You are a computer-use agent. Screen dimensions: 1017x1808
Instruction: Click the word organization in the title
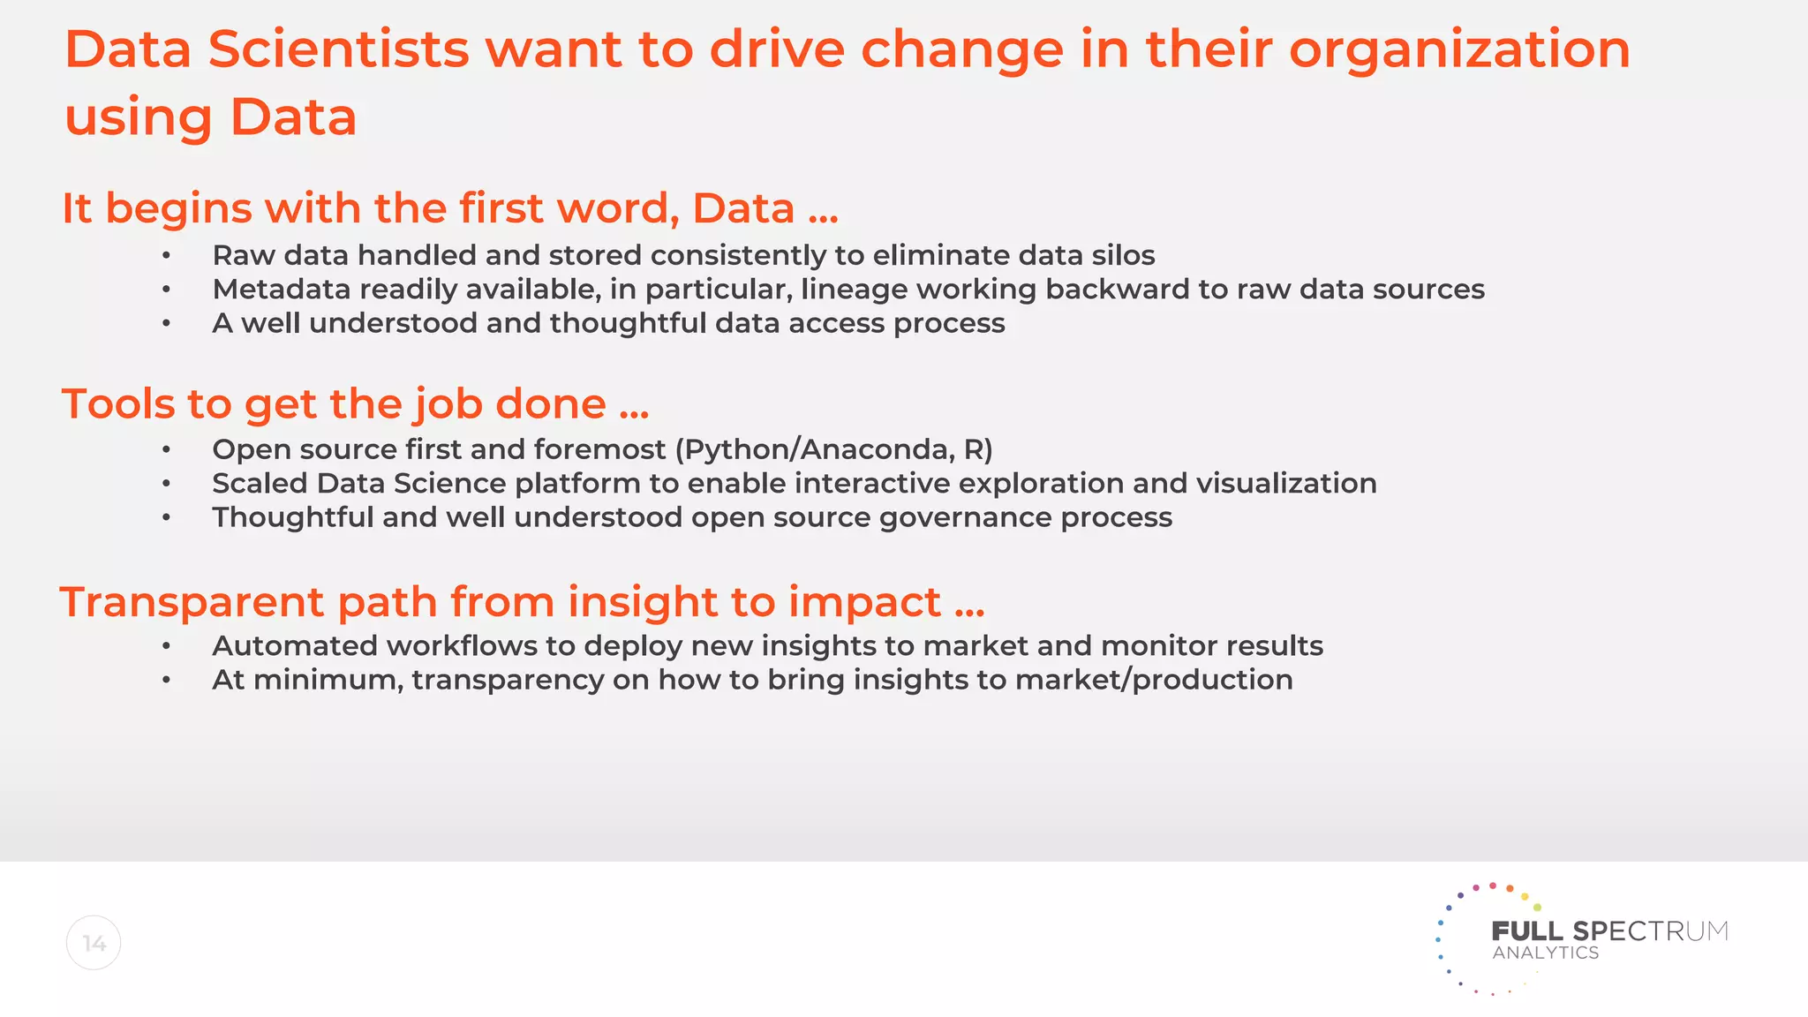pyautogui.click(x=1458, y=50)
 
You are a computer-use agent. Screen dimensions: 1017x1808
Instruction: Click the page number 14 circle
pyautogui.click(x=94, y=943)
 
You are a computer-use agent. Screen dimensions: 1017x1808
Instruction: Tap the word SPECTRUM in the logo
pyautogui.click(x=1650, y=931)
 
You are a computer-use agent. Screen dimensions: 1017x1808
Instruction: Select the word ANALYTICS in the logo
pyautogui.click(x=1545, y=953)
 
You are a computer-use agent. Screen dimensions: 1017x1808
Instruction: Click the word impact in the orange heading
pyautogui.click(x=864, y=603)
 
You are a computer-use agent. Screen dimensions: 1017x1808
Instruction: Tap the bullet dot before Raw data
pyautogui.click(x=166, y=256)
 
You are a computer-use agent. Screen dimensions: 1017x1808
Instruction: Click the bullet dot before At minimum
pyautogui.click(x=166, y=681)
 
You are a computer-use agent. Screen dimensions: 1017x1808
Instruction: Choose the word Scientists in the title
pyautogui.click(x=338, y=50)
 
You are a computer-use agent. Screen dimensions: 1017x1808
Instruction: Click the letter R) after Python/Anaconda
pyautogui.click(x=978, y=450)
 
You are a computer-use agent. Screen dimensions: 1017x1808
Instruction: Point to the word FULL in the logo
pyautogui.click(x=1526, y=931)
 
